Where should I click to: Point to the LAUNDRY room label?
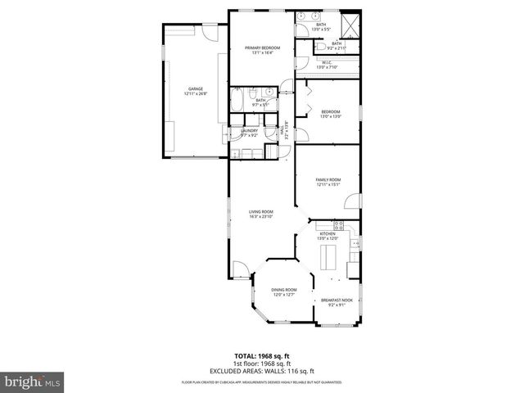249,132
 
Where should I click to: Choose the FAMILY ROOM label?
327,181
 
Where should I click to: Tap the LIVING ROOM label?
260,214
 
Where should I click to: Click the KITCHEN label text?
327,236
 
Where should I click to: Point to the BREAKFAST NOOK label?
336,301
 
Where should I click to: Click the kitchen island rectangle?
329,259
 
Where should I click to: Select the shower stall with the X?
351,25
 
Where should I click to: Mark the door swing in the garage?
211,34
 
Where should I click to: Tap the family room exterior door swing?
350,201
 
